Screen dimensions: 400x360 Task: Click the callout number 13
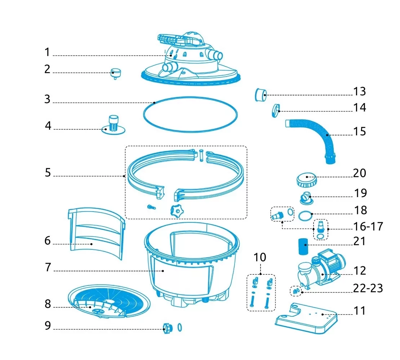click(x=359, y=91)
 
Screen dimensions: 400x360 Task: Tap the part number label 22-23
click(x=368, y=288)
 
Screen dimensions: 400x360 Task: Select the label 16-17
click(x=368, y=226)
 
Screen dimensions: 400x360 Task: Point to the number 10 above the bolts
click(x=260, y=257)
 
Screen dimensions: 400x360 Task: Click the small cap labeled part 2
click(x=116, y=74)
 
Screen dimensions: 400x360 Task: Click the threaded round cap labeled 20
click(x=307, y=179)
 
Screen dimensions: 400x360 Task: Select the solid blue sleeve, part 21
click(x=303, y=247)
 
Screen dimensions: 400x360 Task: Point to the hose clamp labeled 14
click(x=276, y=111)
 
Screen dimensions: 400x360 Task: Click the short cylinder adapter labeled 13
click(x=261, y=95)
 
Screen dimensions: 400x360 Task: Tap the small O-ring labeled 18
click(x=305, y=216)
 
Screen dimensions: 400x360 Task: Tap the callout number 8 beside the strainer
click(x=48, y=304)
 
